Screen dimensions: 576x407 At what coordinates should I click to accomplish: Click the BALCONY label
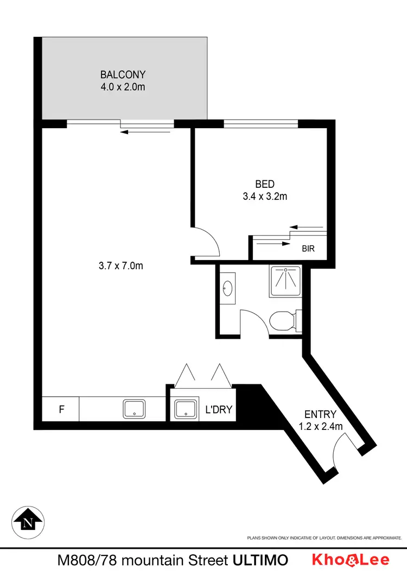pyautogui.click(x=123, y=74)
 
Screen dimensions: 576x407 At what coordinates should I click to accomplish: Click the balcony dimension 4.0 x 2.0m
pyautogui.click(x=123, y=86)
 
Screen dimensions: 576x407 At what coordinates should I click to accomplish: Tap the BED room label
pyautogui.click(x=264, y=185)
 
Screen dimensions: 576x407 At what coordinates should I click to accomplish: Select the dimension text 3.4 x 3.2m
pyautogui.click(x=264, y=197)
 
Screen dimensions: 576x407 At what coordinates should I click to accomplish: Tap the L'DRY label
pyautogui.click(x=219, y=409)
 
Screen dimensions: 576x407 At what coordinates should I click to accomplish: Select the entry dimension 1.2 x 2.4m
pyautogui.click(x=321, y=427)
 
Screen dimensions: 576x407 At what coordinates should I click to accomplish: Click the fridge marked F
pyautogui.click(x=61, y=409)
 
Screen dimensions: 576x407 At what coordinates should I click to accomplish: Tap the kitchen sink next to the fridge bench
pyautogui.click(x=133, y=409)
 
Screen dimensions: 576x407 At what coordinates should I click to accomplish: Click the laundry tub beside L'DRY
pyautogui.click(x=186, y=409)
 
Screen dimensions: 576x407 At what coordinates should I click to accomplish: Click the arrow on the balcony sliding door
pyautogui.click(x=145, y=131)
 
